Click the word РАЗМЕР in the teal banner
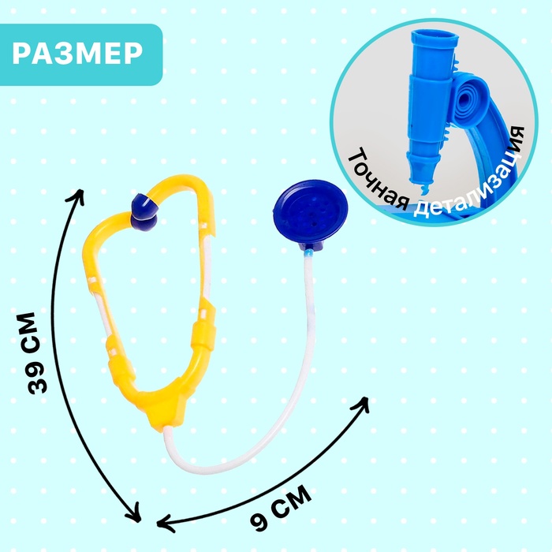pos(79,54)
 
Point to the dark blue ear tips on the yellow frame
pos(144,207)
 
